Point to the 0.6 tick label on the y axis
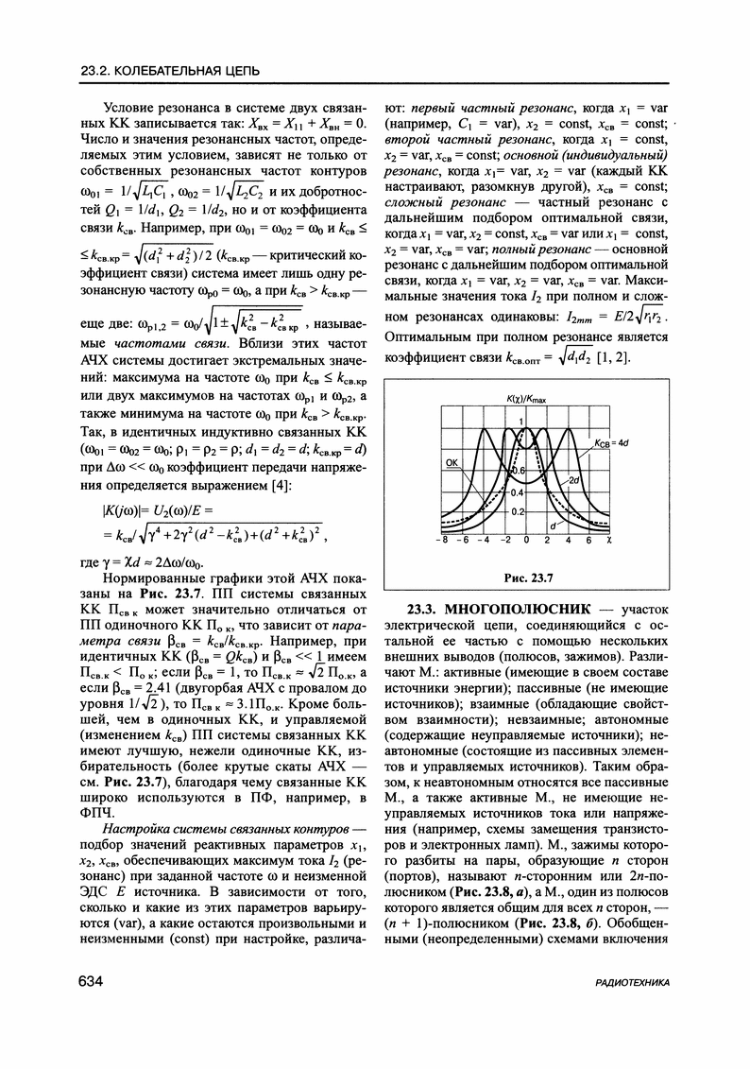(517, 469)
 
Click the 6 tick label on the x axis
(589, 542)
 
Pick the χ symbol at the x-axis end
(610, 542)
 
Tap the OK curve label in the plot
(452, 462)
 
